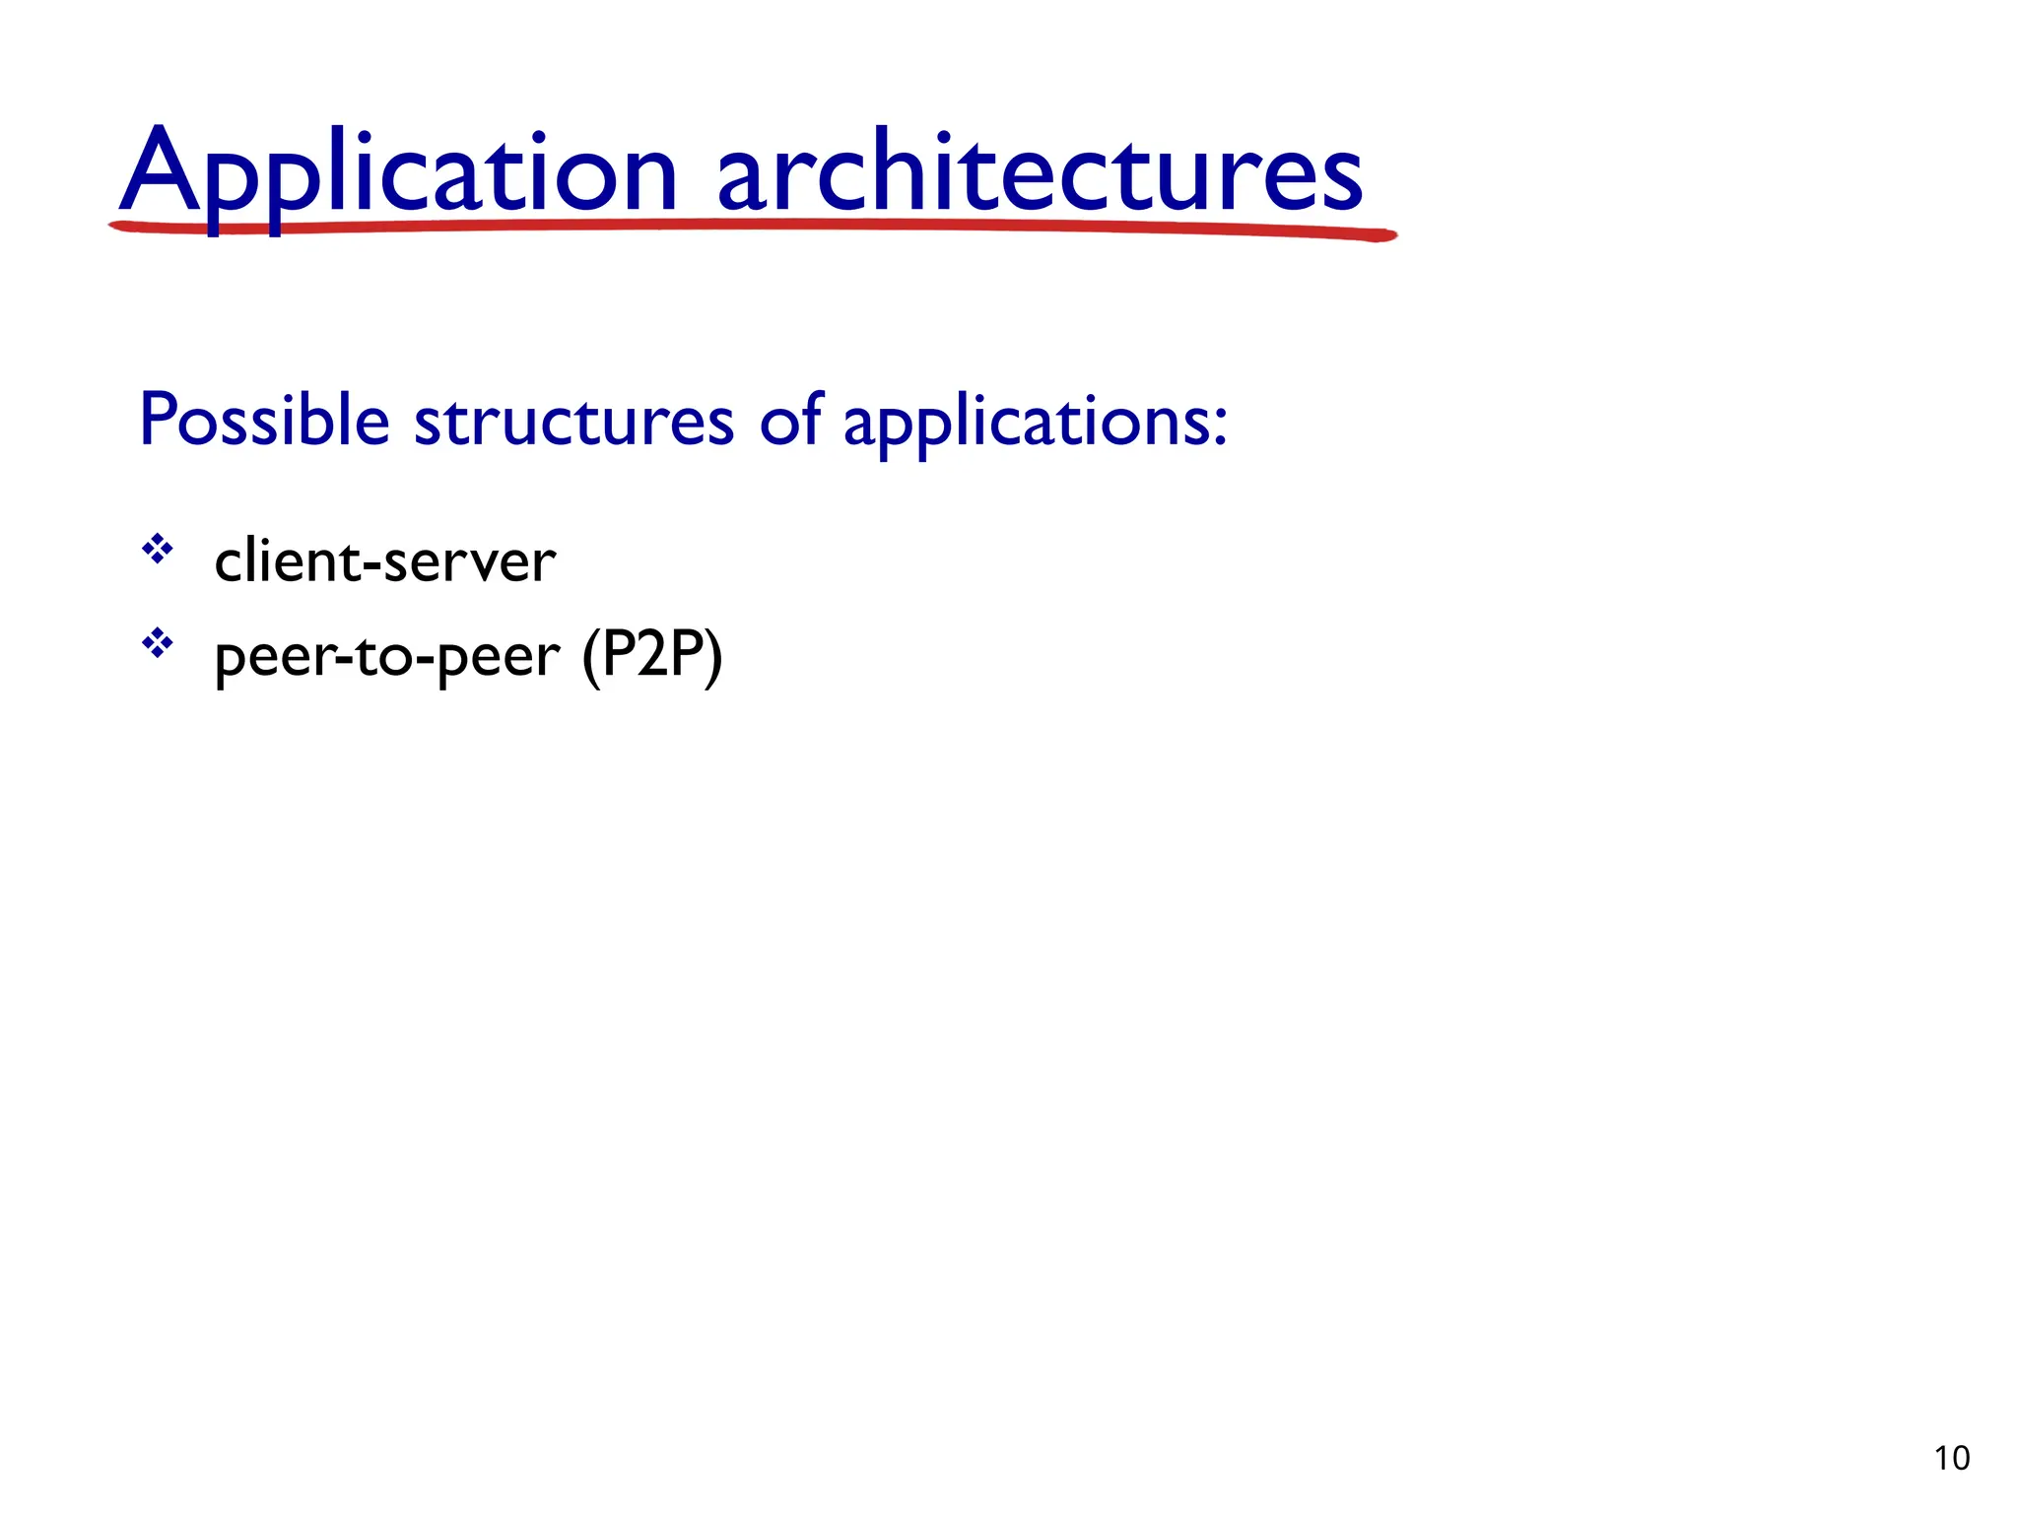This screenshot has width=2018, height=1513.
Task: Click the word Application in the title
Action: coord(398,173)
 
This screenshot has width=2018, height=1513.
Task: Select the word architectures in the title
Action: coord(1040,173)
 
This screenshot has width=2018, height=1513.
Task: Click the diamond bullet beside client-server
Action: coord(158,549)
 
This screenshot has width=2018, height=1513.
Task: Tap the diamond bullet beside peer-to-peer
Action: coord(158,644)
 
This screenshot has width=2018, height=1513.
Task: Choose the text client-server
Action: coord(384,561)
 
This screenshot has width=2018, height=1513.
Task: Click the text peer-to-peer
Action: coord(387,657)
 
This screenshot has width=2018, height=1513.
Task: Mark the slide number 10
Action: coord(1952,1458)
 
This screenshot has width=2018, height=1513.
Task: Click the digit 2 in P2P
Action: coord(652,653)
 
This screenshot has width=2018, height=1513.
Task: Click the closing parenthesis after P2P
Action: coord(713,657)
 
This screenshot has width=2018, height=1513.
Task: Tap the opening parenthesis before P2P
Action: coord(591,657)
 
